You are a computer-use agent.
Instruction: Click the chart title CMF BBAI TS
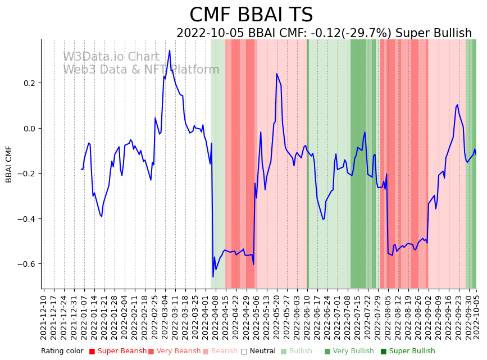(x=251, y=15)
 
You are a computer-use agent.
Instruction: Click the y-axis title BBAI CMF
(x=9, y=164)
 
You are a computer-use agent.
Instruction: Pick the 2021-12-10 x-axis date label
(x=44, y=315)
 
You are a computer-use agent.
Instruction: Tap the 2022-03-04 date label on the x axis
(x=165, y=315)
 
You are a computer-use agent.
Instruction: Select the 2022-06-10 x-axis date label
(x=307, y=315)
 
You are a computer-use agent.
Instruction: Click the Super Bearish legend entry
(x=118, y=352)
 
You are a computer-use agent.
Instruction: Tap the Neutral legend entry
(x=260, y=352)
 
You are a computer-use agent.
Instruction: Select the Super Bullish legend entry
(x=408, y=352)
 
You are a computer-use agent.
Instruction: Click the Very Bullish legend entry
(x=349, y=352)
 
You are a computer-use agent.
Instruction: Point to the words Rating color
(x=62, y=352)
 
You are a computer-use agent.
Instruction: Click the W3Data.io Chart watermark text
(x=111, y=57)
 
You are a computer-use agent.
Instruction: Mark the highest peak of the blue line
(x=170, y=51)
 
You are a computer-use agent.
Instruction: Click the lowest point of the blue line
(x=213, y=277)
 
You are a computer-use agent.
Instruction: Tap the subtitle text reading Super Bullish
(x=434, y=33)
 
